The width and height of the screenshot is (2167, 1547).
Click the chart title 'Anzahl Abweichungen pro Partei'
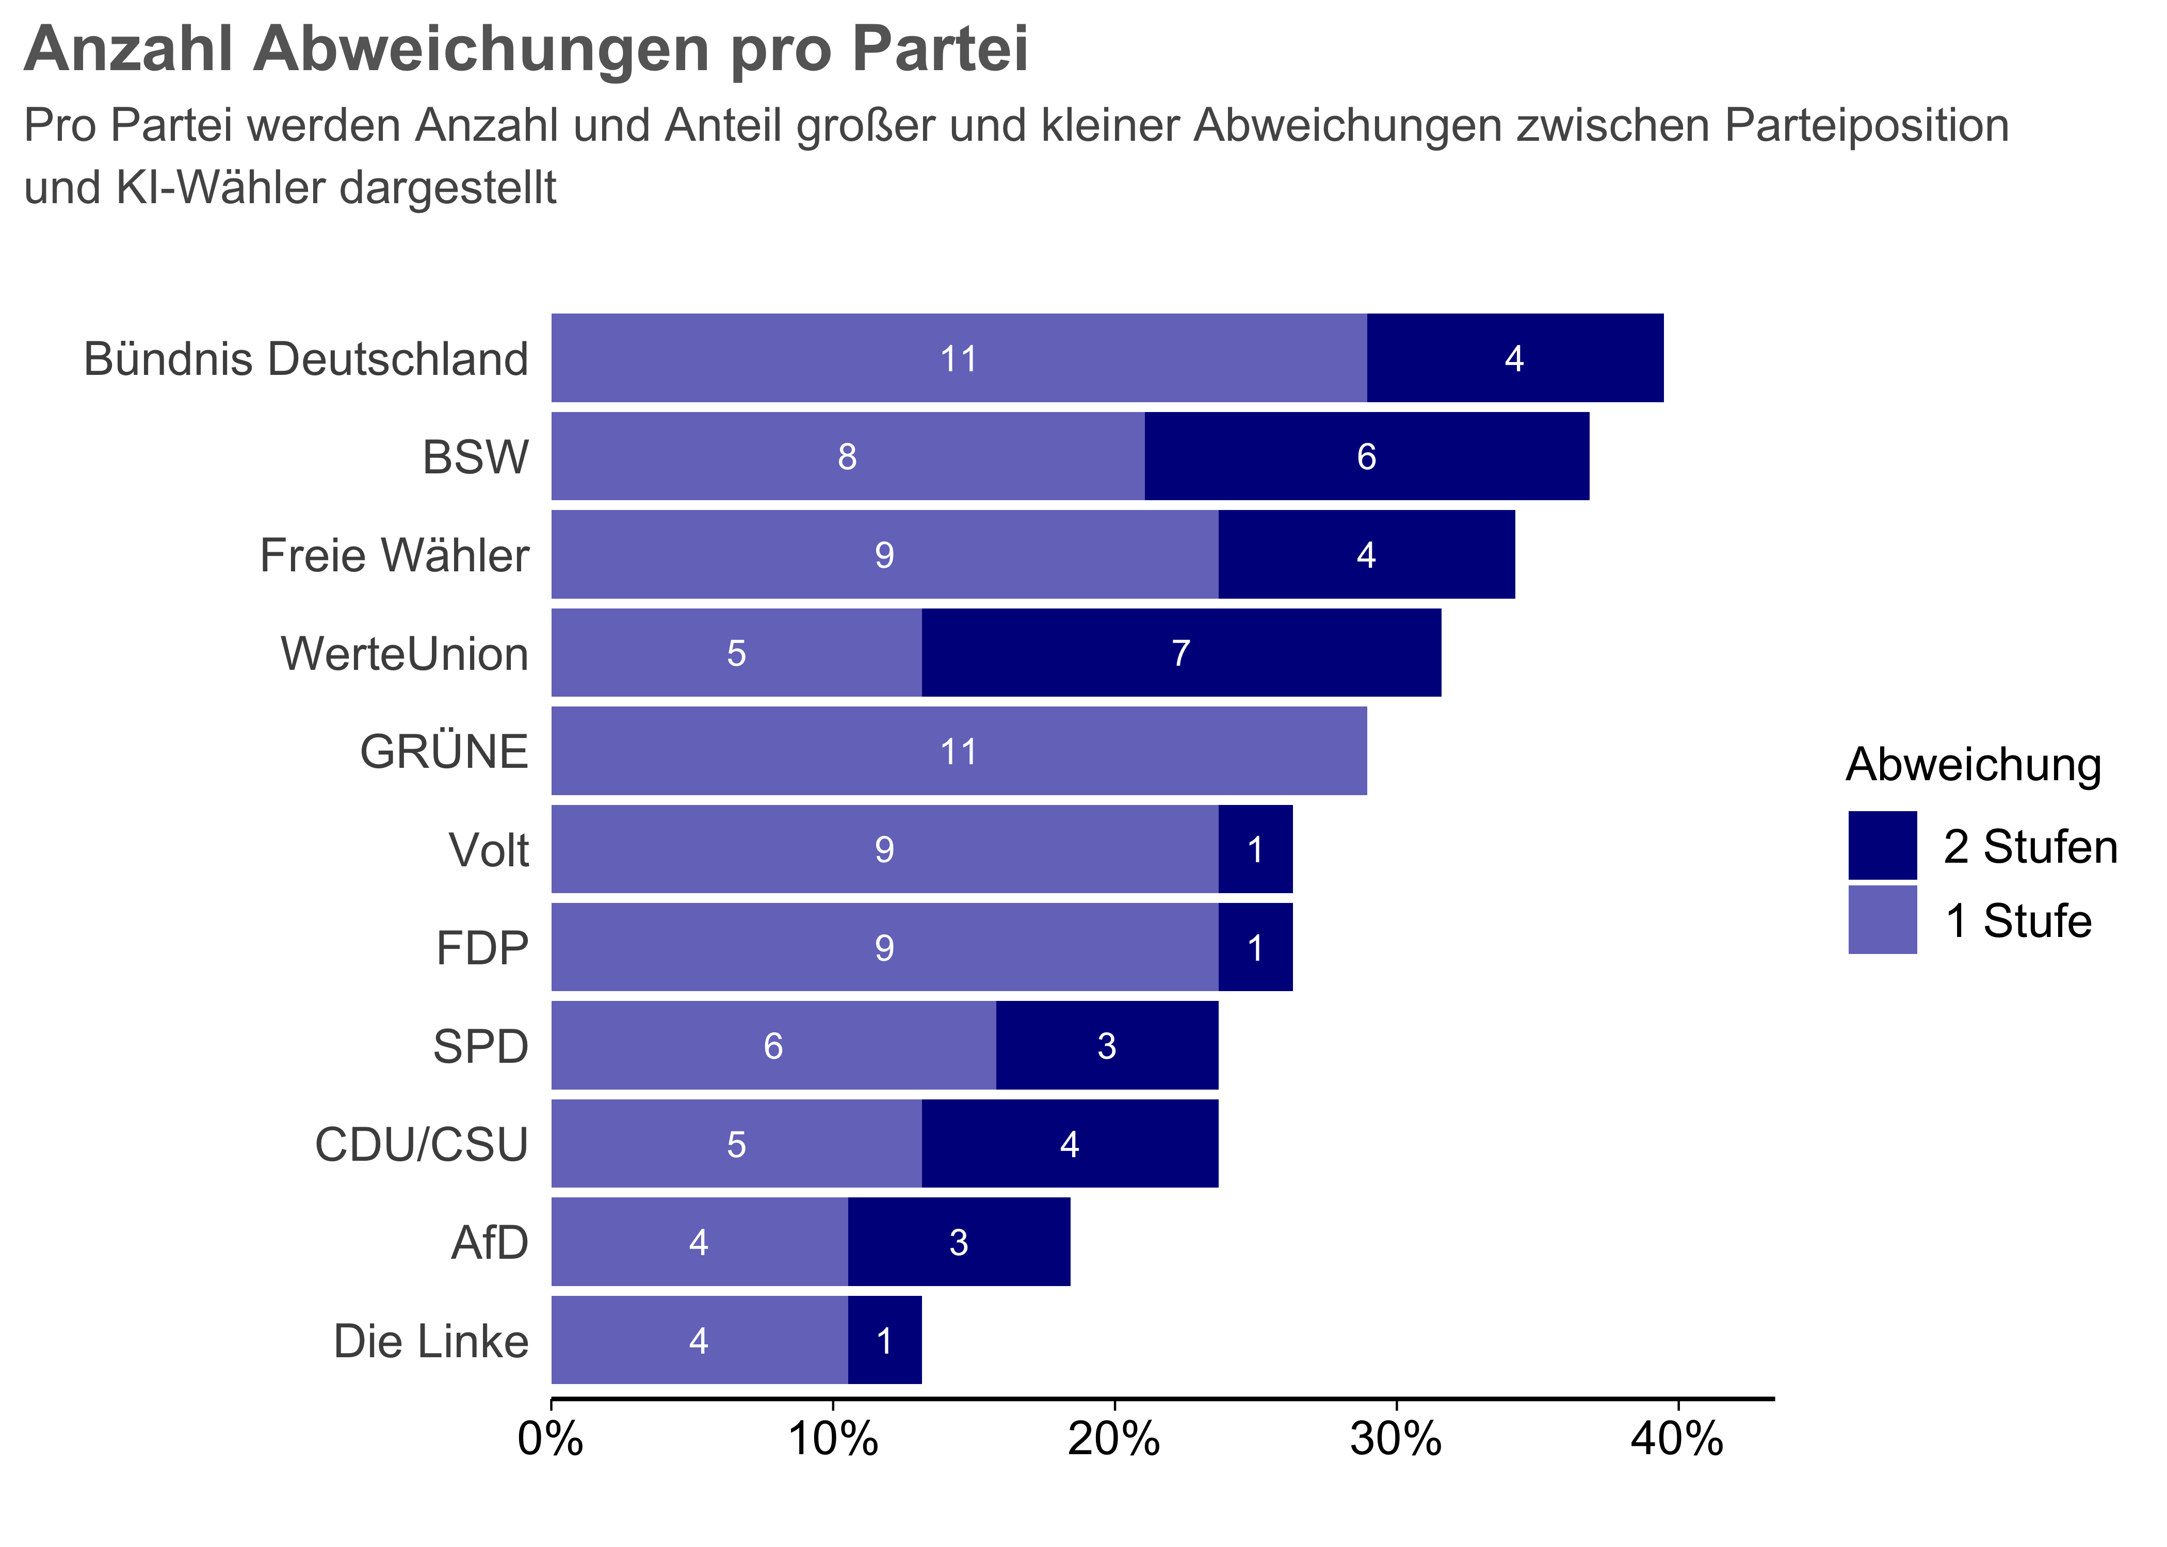[525, 50]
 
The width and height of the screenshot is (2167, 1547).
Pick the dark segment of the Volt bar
[1255, 850]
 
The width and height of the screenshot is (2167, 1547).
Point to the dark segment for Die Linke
[884, 1340]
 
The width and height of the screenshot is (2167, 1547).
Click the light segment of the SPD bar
[773, 1046]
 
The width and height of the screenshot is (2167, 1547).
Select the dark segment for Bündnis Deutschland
[1514, 358]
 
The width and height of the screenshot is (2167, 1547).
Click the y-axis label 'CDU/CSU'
[421, 1144]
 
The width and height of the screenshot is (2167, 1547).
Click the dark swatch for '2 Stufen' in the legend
[1882, 845]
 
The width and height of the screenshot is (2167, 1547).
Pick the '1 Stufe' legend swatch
[1882, 919]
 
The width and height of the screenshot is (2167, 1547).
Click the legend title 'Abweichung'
[1972, 765]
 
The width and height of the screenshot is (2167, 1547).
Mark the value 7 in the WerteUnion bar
[1180, 653]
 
